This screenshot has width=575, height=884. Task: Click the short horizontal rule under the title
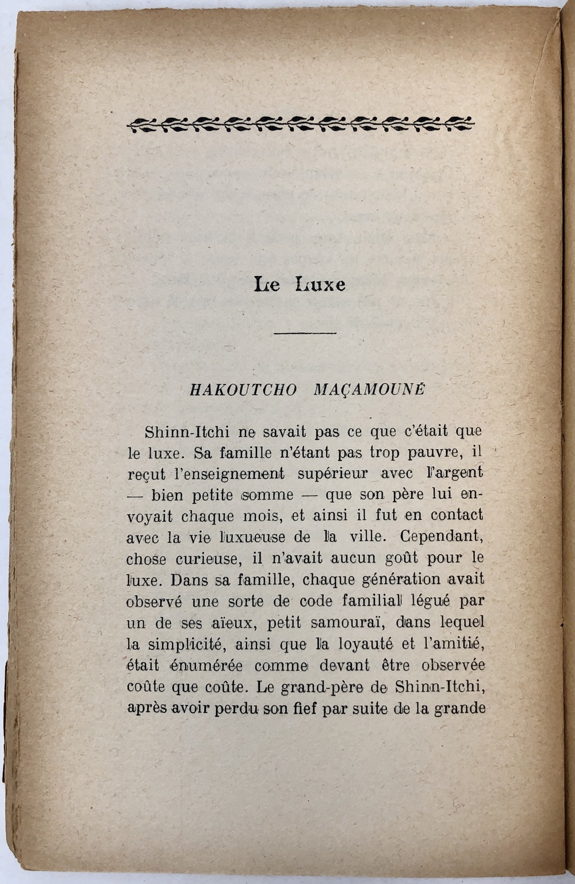(x=305, y=334)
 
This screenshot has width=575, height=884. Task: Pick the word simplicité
(x=183, y=644)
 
